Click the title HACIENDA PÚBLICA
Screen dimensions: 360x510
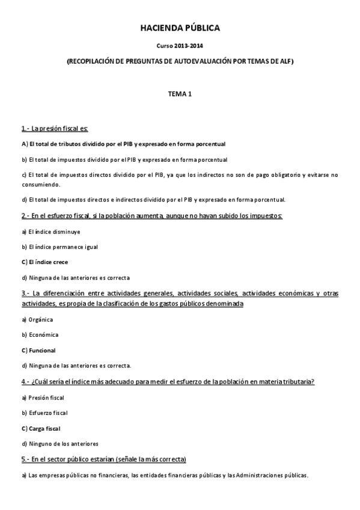(180, 28)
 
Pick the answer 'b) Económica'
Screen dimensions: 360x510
(40, 334)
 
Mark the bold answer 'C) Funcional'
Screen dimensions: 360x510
(38, 350)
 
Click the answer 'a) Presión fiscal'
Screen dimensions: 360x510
(43, 398)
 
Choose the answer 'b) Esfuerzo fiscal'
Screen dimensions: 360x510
(44, 413)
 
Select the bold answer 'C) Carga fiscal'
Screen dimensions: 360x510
(41, 428)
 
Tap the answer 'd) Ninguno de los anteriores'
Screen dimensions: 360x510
(59, 444)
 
